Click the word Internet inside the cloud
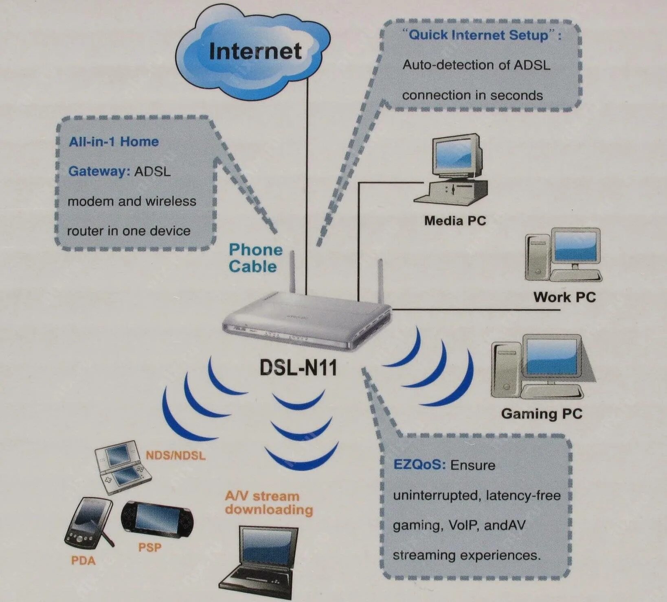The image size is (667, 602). pyautogui.click(x=255, y=51)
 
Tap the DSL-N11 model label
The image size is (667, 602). pyautogui.click(x=298, y=368)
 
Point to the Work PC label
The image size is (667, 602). pyautogui.click(x=564, y=297)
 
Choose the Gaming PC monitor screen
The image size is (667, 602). pyautogui.click(x=552, y=357)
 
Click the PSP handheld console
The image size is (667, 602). pyautogui.click(x=157, y=521)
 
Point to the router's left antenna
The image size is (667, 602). pyautogui.click(x=292, y=272)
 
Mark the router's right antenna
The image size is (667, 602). pyautogui.click(x=380, y=281)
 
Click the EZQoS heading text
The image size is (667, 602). pyautogui.click(x=419, y=465)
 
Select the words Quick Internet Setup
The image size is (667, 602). pyautogui.click(x=479, y=35)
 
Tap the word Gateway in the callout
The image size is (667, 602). pyautogui.click(x=98, y=171)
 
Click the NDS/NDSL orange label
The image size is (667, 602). pyautogui.click(x=176, y=455)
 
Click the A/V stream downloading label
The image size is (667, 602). pyautogui.click(x=268, y=503)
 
